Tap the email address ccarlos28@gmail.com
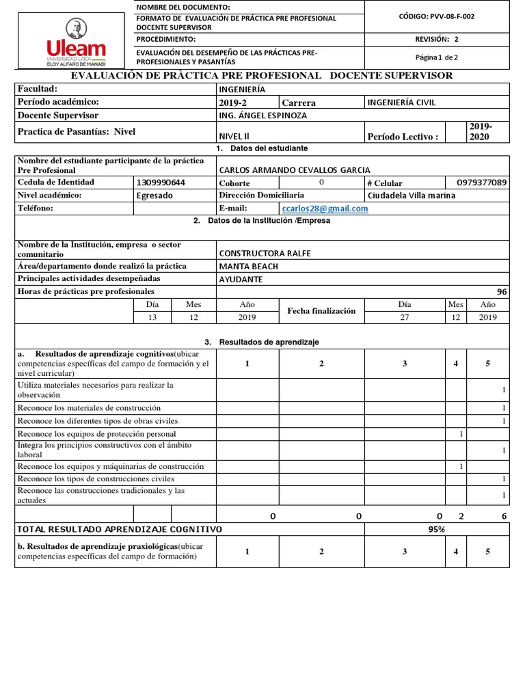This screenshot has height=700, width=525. coord(325,208)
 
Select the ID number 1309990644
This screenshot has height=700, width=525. coord(161,183)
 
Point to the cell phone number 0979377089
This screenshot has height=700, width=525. coord(481,183)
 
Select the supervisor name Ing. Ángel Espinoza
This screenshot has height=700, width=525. coord(262,116)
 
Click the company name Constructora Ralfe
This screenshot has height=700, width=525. coord(265,253)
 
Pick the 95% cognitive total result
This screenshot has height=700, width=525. coord(436,529)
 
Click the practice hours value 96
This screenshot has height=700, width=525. coord(502,292)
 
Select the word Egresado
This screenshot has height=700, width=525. coord(155,196)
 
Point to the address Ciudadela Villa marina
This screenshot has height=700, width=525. coord(411,196)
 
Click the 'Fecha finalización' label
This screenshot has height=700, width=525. coord(321,311)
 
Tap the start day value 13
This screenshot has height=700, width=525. coord(152,317)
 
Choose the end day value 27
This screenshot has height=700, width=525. coord(404,317)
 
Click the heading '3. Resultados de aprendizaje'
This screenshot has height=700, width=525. coord(262,342)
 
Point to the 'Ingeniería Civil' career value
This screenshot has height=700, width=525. coord(401,103)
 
